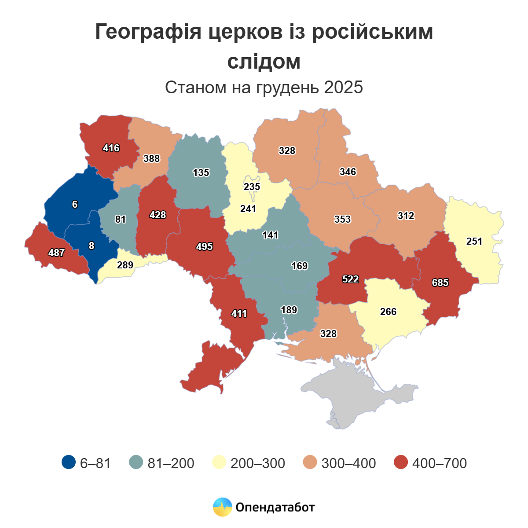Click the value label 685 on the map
(440, 282)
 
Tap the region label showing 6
(75, 204)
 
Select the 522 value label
(351, 279)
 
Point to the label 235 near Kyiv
(252, 187)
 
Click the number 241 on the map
(248, 209)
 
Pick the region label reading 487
(57, 253)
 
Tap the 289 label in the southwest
(125, 265)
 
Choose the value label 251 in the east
(474, 241)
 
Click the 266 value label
(388, 312)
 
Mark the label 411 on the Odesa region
(239, 313)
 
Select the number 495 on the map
(205, 246)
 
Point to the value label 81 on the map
(120, 219)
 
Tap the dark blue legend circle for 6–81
(69, 462)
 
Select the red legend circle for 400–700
(401, 462)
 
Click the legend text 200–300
(258, 463)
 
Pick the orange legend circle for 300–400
(310, 462)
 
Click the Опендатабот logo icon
(222, 507)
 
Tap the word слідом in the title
(264, 62)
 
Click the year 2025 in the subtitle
(343, 87)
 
